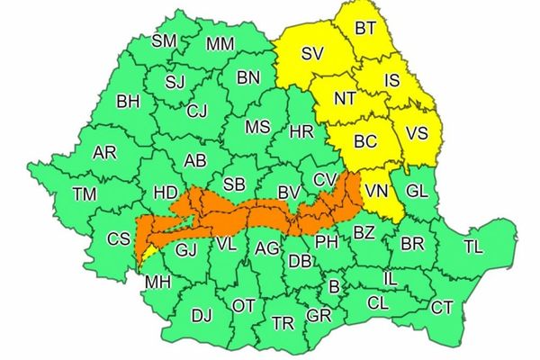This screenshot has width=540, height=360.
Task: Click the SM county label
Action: click(165, 40)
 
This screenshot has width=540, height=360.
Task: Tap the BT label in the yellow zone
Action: click(365, 29)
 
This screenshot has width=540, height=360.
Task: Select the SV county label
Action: click(312, 54)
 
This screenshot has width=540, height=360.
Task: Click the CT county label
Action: click(442, 308)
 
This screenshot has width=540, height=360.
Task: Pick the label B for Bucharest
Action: click(335, 287)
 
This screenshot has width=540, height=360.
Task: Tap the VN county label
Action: click(375, 190)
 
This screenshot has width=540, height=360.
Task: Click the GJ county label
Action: click(186, 249)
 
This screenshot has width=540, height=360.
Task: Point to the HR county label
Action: click(301, 132)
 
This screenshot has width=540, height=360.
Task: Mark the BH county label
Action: click(128, 102)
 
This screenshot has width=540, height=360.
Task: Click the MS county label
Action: click(257, 127)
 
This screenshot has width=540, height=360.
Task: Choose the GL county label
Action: click(417, 191)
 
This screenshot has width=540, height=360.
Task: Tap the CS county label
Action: click(119, 239)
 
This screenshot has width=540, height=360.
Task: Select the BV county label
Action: click(288, 192)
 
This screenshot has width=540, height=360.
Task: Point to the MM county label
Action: click(220, 44)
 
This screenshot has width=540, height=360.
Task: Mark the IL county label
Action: click(390, 281)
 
